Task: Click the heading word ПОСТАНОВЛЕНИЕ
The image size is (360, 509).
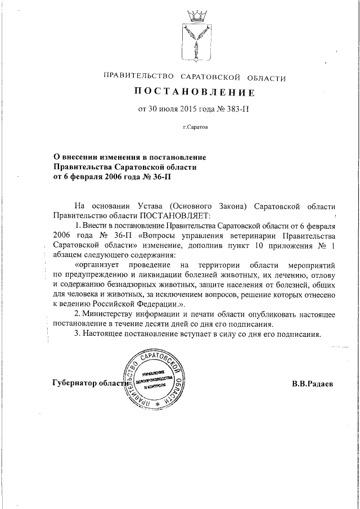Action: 194,92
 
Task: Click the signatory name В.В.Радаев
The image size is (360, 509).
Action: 313,384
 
